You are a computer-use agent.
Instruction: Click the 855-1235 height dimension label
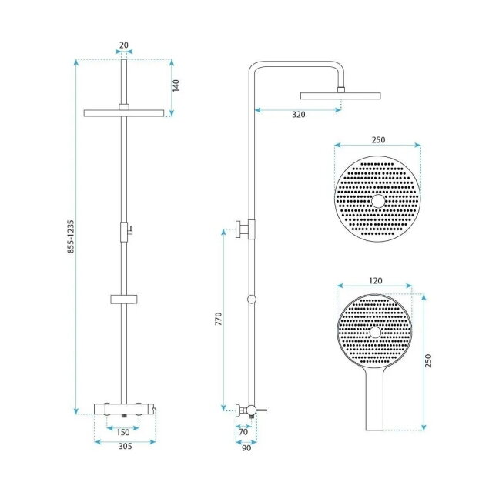[x=71, y=236]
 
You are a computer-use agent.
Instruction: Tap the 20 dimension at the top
[x=124, y=45]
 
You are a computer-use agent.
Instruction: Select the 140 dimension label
[x=176, y=85]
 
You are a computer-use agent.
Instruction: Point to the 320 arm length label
[x=299, y=115]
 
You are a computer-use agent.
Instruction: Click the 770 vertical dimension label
[x=219, y=319]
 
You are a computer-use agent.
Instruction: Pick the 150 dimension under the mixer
[x=123, y=432]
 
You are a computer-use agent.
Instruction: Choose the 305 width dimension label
[x=125, y=446]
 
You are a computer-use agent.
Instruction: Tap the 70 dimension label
[x=243, y=432]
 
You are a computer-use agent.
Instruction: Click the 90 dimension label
[x=246, y=448]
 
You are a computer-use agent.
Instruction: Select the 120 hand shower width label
[x=376, y=280]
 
